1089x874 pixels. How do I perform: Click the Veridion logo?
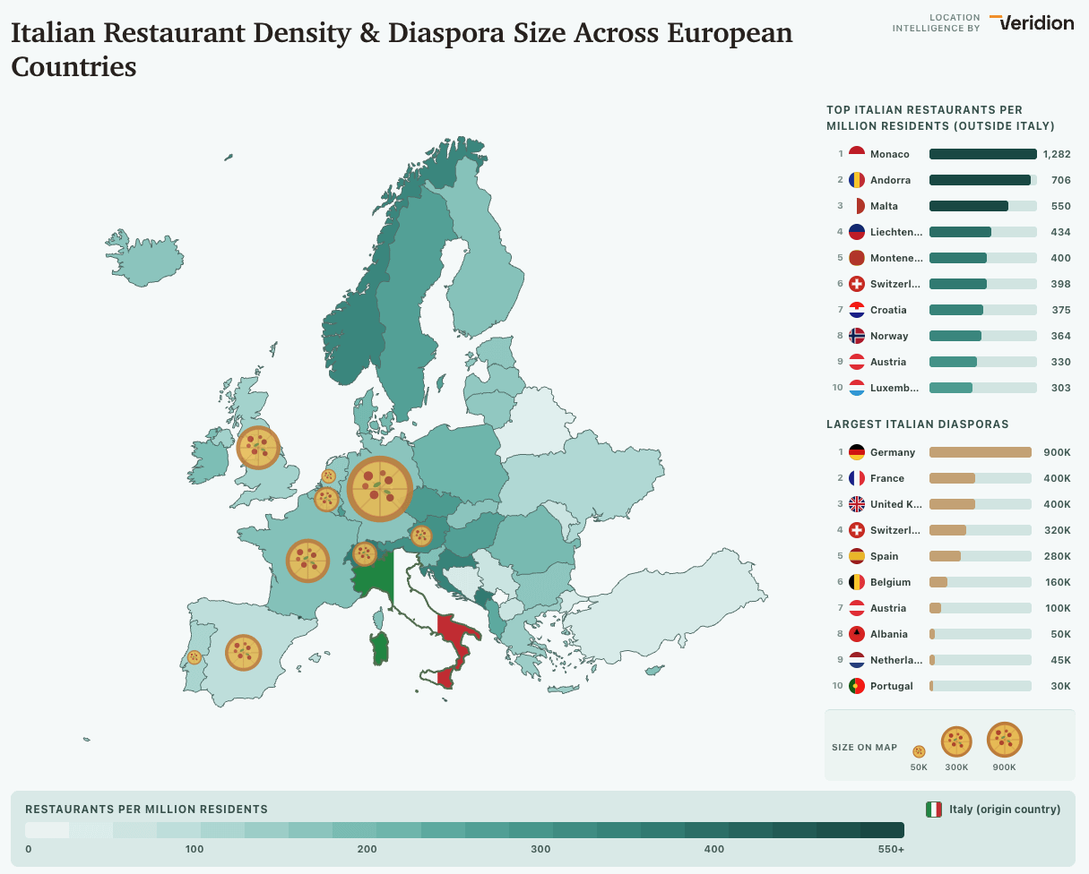[1033, 23]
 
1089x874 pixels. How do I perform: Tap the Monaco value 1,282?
[1057, 154]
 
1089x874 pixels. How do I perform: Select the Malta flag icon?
[856, 206]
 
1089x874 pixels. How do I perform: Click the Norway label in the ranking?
[888, 336]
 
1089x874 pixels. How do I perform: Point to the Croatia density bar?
[956, 310]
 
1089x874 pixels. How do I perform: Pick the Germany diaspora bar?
[980, 452]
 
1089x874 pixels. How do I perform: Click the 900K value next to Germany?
[1057, 452]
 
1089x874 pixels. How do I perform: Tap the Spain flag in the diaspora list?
[856, 556]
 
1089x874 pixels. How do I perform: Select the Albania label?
[888, 634]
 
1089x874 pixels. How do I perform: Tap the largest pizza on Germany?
[379, 489]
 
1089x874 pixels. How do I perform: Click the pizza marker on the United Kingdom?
[258, 447]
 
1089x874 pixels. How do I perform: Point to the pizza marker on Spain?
[243, 653]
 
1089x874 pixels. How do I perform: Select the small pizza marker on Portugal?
[194, 656]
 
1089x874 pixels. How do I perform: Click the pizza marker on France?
[307, 561]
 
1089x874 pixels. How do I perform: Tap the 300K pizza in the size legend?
[956, 741]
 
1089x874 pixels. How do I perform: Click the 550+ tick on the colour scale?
[890, 849]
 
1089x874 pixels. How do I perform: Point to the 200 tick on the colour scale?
[367, 849]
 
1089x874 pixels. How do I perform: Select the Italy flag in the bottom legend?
[934, 810]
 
